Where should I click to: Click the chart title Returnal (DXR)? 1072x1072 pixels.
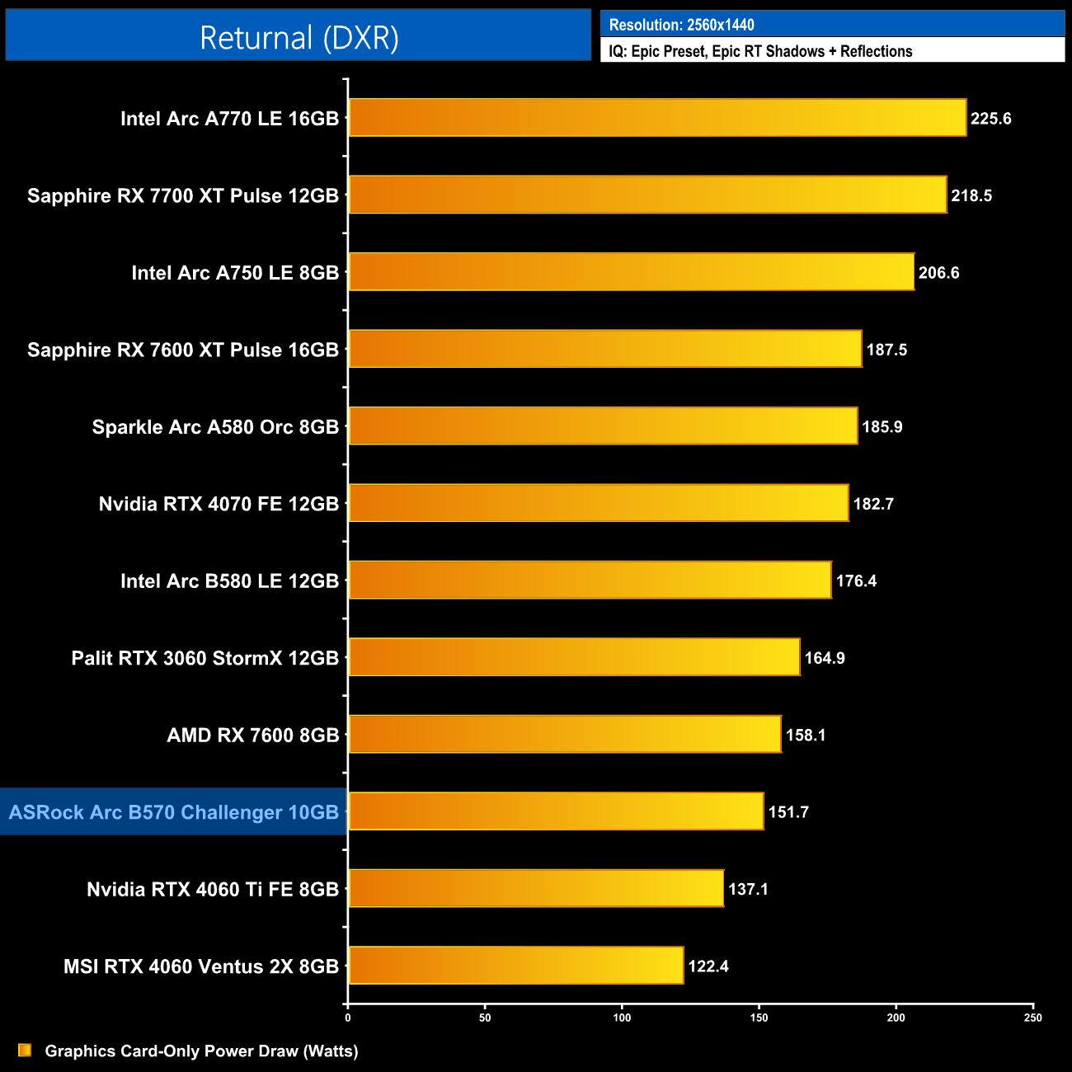click(299, 38)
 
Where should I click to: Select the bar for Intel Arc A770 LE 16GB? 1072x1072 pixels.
click(657, 118)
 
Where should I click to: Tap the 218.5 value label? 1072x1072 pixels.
click(971, 196)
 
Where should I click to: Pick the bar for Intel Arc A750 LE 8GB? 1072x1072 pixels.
click(631, 272)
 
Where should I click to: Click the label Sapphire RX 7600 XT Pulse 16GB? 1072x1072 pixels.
click(183, 350)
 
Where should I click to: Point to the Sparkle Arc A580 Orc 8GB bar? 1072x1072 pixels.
click(603, 426)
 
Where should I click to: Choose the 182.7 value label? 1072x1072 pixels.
click(873, 504)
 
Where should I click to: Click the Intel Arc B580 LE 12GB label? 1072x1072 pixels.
click(229, 581)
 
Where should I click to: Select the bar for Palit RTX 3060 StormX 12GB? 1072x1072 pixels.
click(574, 657)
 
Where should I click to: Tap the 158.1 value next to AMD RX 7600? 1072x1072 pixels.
click(806, 735)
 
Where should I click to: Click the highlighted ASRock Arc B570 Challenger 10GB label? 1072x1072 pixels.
click(174, 812)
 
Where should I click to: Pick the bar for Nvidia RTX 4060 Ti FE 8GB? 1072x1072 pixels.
click(536, 889)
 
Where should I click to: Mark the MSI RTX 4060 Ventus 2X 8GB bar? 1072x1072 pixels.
click(516, 966)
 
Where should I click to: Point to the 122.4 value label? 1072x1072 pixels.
click(708, 966)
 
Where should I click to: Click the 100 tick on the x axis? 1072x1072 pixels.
click(622, 1018)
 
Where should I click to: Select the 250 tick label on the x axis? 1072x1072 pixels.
click(1032, 1018)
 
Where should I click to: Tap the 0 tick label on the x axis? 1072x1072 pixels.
click(348, 1018)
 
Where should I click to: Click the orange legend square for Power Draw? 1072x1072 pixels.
click(25, 1051)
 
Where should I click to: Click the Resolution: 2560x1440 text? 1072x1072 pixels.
click(681, 25)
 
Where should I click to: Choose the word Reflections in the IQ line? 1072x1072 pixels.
click(877, 51)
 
